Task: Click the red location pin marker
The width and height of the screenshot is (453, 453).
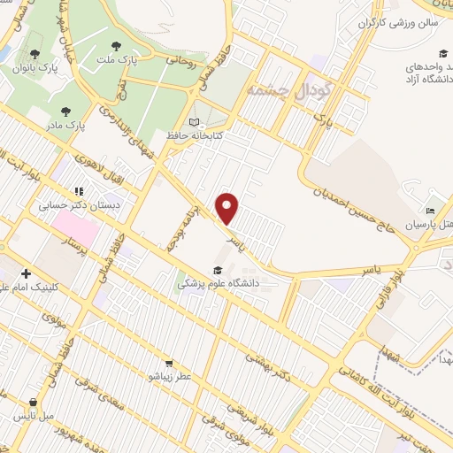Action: (x=228, y=208)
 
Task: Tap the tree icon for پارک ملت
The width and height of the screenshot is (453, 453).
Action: (x=116, y=45)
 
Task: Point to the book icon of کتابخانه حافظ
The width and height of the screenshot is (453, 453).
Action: (x=194, y=122)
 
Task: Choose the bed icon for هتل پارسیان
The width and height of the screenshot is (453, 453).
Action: (x=430, y=211)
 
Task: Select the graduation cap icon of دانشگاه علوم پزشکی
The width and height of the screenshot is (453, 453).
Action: (x=217, y=271)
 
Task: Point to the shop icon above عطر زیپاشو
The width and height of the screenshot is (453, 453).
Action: (x=168, y=363)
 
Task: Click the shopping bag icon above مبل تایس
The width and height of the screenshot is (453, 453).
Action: (x=34, y=403)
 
